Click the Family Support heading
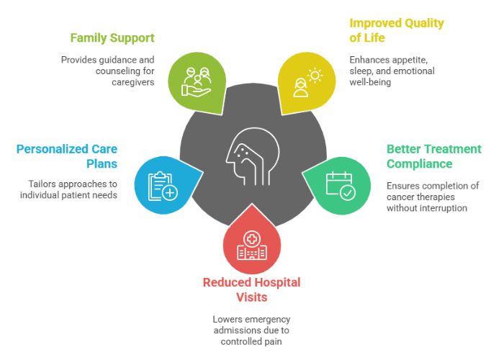point(112,38)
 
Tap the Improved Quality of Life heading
point(397,30)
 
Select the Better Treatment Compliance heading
point(434,156)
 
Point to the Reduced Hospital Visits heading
point(252,290)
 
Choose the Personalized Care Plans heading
point(67,156)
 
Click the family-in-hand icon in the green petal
point(197,81)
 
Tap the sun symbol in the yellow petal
point(315,76)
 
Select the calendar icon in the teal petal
point(341,186)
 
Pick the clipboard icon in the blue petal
point(163,186)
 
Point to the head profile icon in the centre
point(253,156)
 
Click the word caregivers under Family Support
point(133,82)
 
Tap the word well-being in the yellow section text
point(370,82)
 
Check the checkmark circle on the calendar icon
point(348,193)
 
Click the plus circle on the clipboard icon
point(170,193)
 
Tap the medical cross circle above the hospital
point(252,239)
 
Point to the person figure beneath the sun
point(300,87)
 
